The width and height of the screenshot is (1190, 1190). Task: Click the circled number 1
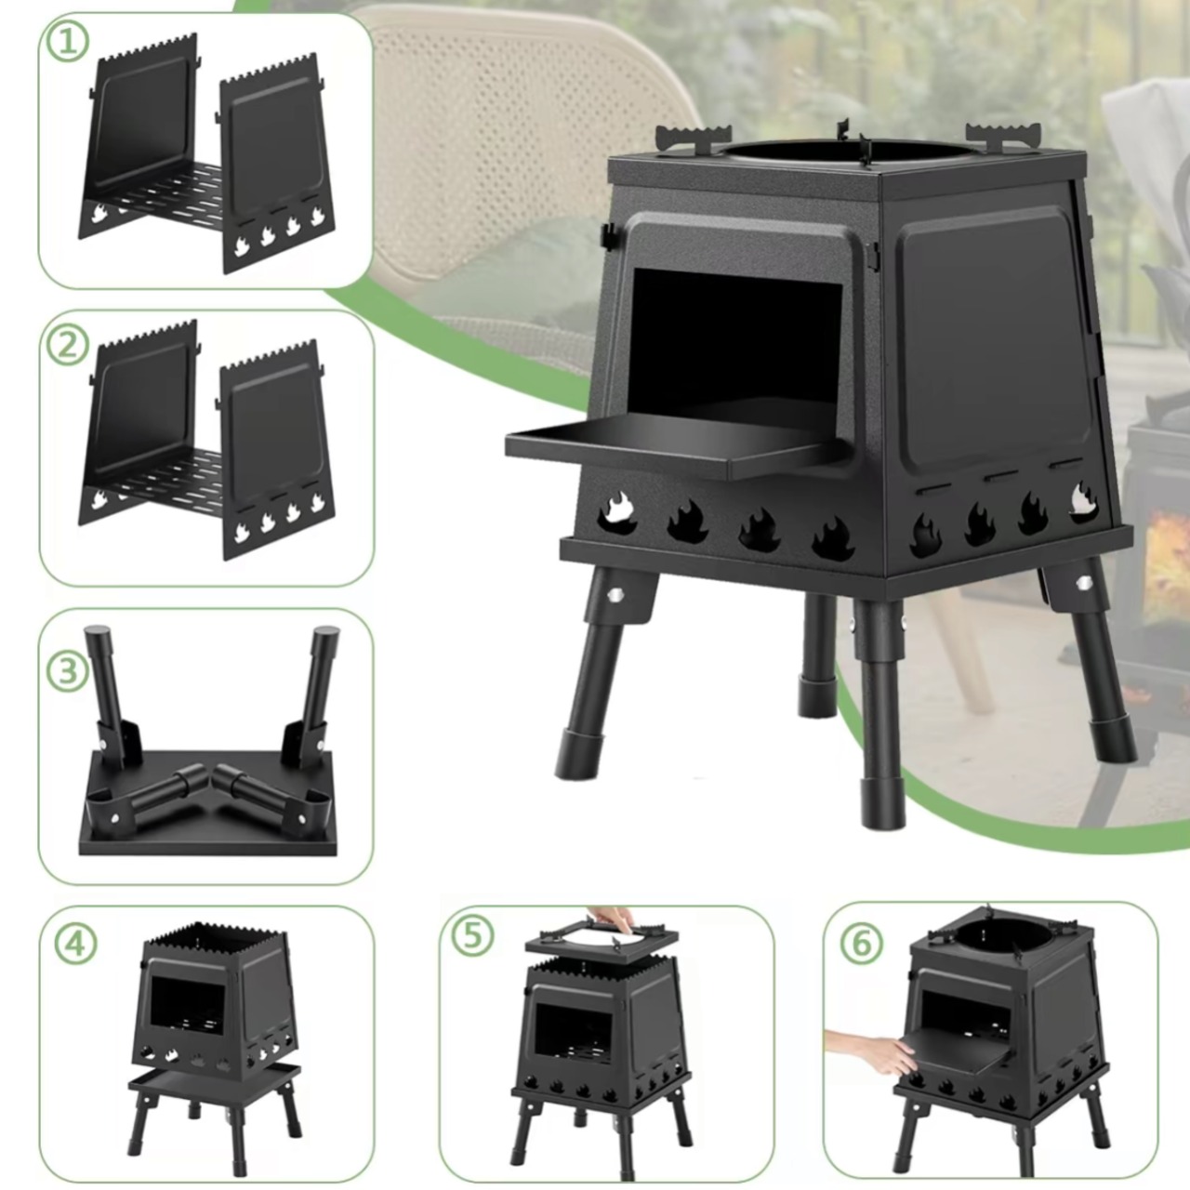[x=67, y=41]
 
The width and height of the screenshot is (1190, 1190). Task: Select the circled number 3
[x=67, y=671]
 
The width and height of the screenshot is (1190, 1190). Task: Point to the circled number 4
[x=75, y=943]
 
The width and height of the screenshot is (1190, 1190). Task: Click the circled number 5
[x=472, y=935]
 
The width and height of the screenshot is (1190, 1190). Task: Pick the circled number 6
[x=861, y=943]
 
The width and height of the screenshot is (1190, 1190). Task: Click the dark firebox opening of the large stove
[x=738, y=337]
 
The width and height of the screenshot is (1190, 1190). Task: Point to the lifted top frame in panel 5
[x=601, y=940]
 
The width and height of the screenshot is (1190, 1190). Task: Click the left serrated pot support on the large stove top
[x=693, y=137]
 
